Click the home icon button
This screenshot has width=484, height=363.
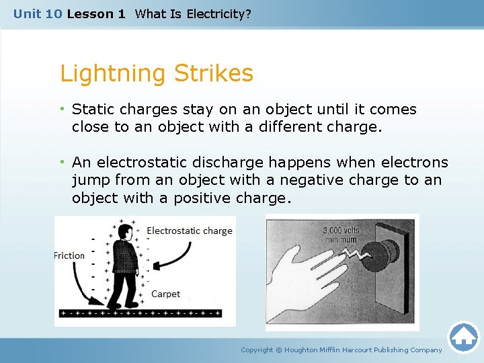463,337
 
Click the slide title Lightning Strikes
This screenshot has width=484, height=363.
157,73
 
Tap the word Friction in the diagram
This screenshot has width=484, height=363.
69,255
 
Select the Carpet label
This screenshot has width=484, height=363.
165,294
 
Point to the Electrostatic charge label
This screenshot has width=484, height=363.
190,231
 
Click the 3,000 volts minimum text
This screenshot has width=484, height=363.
341,235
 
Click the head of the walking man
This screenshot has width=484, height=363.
124,232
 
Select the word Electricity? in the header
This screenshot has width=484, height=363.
218,13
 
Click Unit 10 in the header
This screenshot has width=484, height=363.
38,13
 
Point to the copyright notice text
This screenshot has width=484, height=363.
341,350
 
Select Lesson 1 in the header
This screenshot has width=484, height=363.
96,13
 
